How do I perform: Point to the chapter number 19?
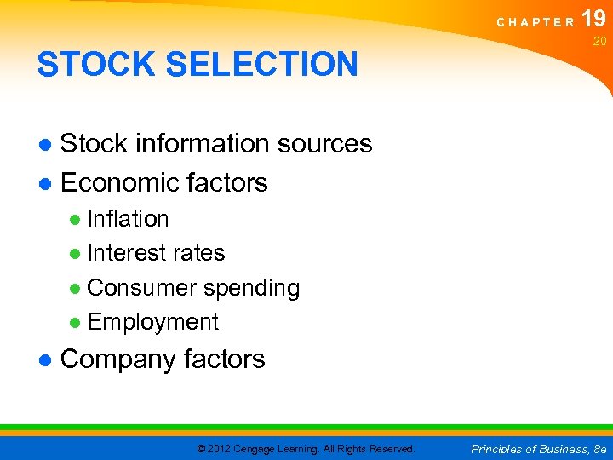click(x=595, y=19)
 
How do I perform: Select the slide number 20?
click(x=599, y=41)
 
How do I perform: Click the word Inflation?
click(x=128, y=219)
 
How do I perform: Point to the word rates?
click(x=198, y=253)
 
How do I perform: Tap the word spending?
click(x=251, y=289)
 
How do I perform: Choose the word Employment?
click(x=152, y=322)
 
